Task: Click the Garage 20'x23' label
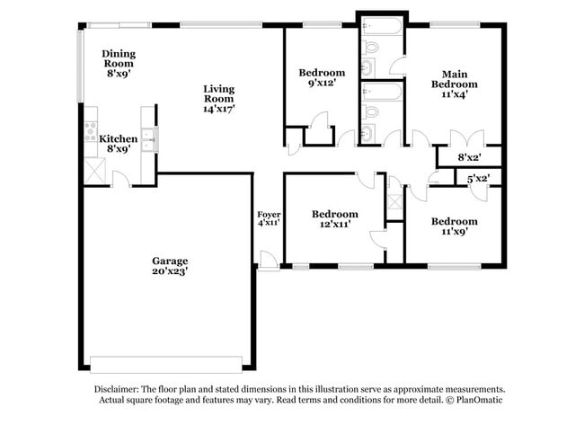point(169,265)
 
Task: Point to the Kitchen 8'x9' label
point(119,144)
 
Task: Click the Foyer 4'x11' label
point(269,218)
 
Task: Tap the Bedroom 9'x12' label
point(322,78)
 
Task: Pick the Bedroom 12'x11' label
point(334,219)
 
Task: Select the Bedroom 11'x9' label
point(454,226)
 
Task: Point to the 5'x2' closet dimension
point(478,179)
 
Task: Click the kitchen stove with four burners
point(91,132)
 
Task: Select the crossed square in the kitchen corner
point(93,169)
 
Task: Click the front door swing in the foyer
point(267,261)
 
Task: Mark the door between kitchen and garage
point(121,181)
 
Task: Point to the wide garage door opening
point(166,364)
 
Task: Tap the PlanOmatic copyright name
point(468,401)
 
